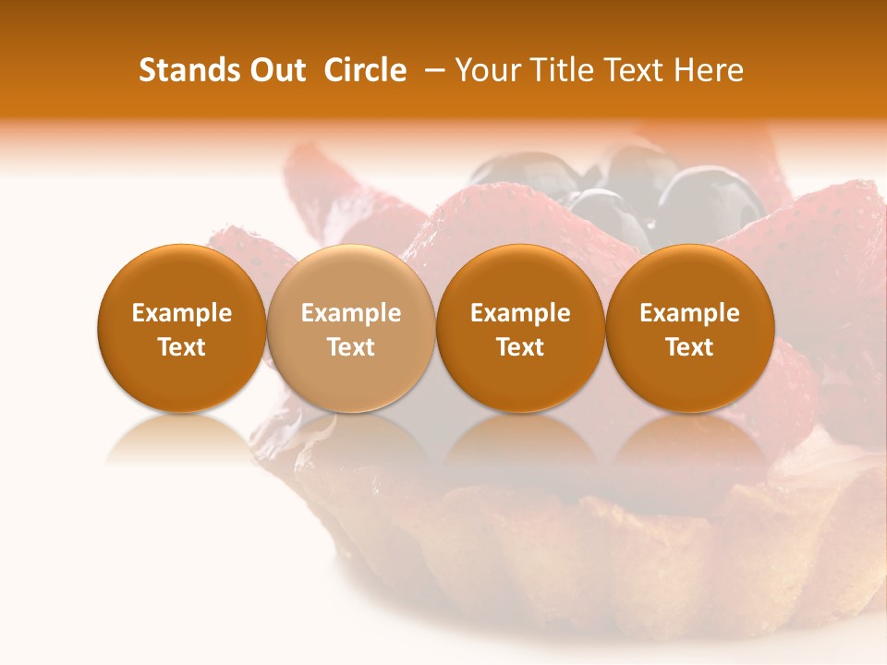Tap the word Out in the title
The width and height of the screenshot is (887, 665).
point(275,70)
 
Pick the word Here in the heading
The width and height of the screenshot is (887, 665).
point(709,70)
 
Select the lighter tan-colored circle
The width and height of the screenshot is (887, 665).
point(351,329)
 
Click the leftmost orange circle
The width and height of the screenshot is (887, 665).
point(181,329)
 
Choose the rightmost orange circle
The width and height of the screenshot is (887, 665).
point(689,329)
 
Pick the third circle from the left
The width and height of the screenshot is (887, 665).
point(520,329)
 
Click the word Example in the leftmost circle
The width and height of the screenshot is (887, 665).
point(181,313)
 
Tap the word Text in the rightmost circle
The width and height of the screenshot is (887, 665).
point(689,347)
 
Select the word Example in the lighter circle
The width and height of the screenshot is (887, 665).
point(351,313)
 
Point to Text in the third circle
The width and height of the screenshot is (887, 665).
point(520,347)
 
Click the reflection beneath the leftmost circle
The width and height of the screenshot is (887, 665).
point(181,439)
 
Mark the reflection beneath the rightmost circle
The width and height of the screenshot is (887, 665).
point(689,439)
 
